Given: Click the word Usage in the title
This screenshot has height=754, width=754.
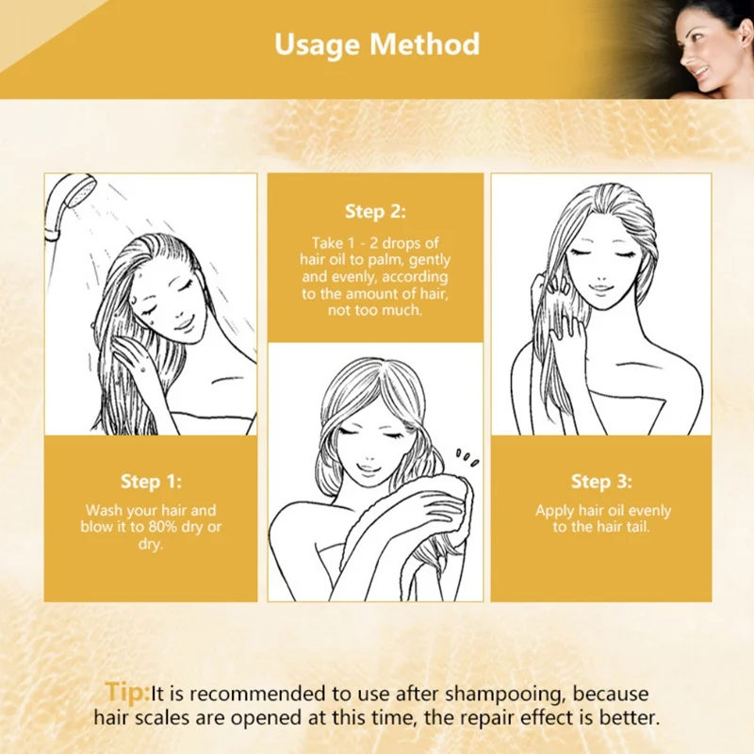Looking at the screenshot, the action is click(317, 45).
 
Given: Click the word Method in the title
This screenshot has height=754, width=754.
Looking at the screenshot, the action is click(425, 43).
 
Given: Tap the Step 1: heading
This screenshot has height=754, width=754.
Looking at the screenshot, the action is click(151, 482).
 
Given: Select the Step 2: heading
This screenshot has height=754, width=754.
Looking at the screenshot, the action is click(375, 211).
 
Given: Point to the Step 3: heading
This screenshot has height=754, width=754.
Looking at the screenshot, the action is click(601, 482).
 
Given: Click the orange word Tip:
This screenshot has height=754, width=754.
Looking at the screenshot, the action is click(127, 692).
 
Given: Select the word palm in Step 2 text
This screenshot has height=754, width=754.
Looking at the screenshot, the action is click(385, 260).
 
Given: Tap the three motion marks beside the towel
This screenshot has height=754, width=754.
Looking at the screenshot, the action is click(467, 458).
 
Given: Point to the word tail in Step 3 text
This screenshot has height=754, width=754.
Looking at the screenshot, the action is click(638, 527).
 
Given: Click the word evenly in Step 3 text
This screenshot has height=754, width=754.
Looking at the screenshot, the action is click(649, 511).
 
